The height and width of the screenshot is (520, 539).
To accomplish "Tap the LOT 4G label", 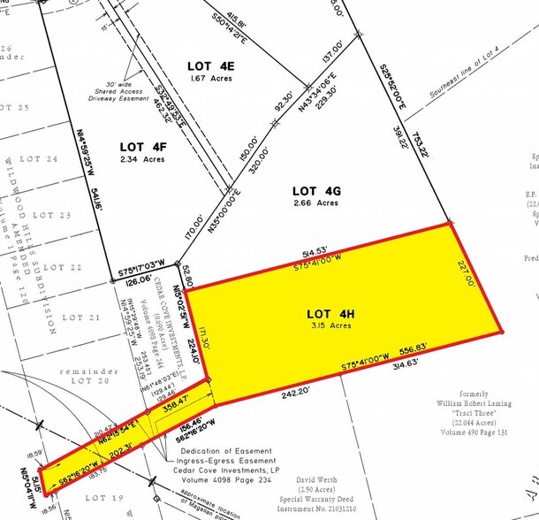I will [315, 190].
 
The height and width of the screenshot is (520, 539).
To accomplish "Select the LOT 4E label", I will [212, 65].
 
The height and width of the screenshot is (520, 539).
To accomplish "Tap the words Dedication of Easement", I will [228, 452].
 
